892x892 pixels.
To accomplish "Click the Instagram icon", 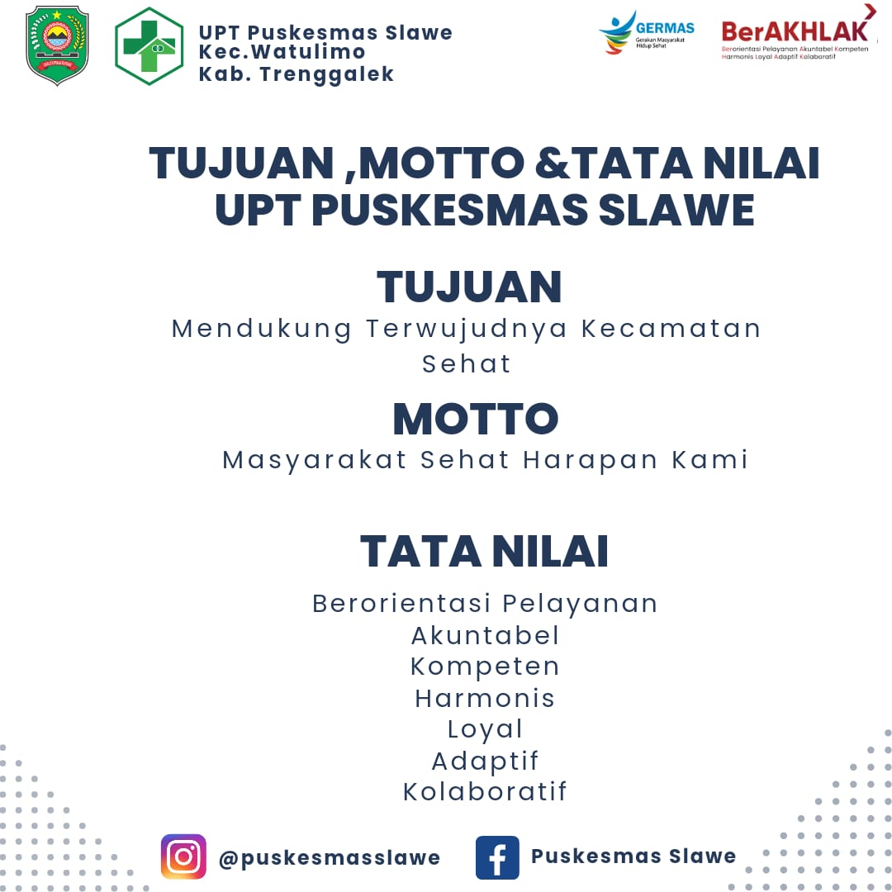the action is click(x=183, y=856).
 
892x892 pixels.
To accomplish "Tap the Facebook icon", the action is click(x=497, y=857).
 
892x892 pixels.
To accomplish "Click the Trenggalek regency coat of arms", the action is click(x=57, y=45).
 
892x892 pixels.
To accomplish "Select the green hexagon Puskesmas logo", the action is click(x=149, y=46).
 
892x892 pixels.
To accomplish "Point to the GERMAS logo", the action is click(x=646, y=32).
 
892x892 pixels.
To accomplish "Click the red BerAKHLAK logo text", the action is click(x=795, y=32).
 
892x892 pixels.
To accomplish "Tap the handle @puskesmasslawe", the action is click(x=330, y=858).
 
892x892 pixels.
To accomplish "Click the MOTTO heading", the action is click(x=476, y=420).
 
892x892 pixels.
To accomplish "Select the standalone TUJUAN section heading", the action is click(x=469, y=287).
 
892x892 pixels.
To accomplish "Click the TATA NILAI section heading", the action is click(x=484, y=552).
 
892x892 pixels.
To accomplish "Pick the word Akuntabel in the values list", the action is click(x=486, y=635).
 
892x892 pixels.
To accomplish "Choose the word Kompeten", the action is click(x=486, y=667).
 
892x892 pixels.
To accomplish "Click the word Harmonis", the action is click(x=485, y=698).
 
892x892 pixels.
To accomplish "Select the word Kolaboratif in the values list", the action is click(x=486, y=791).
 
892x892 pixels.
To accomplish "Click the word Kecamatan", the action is click(x=671, y=328).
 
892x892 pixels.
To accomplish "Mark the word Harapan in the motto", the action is click(x=591, y=460).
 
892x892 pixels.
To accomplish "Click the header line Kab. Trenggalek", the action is click(x=297, y=74).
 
